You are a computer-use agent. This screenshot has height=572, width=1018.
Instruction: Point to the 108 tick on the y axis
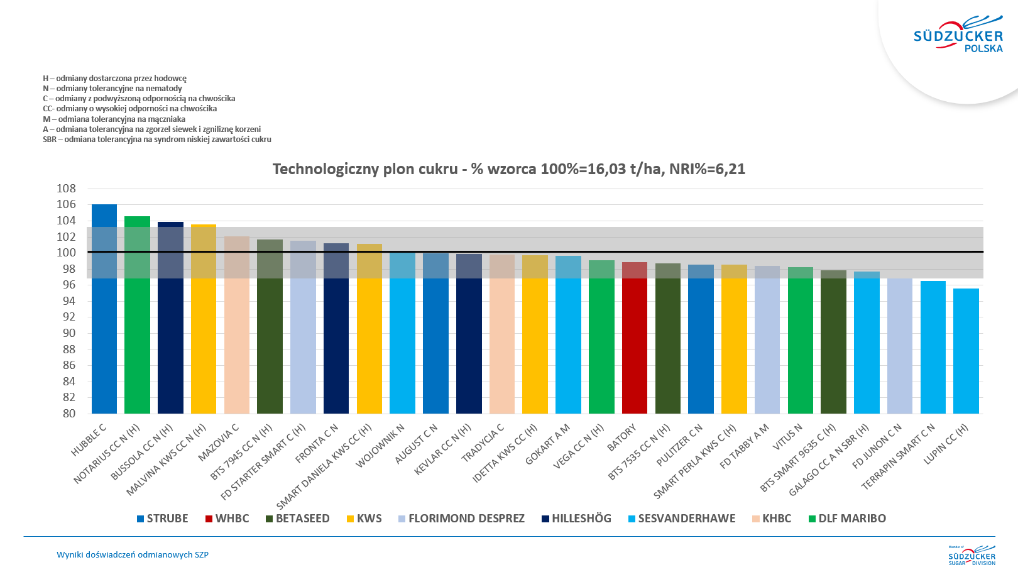pos(66,189)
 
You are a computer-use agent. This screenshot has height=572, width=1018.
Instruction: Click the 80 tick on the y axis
pos(68,414)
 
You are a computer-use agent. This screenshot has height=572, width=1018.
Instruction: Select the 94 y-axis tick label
pos(68,301)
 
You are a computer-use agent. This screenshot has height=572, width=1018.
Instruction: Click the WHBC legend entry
pos(227,519)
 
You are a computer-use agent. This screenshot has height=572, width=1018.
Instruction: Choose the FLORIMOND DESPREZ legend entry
pos(461,519)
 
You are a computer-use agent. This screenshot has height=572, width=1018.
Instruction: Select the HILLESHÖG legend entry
pos(576,519)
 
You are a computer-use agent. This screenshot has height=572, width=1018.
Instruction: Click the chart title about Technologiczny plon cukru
pos(508,169)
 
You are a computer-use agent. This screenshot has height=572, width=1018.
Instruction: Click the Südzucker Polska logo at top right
pos(958,35)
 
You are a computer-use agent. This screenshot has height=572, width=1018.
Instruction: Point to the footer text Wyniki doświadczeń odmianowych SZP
pos(133,555)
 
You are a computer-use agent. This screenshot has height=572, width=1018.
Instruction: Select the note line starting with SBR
pos(157,140)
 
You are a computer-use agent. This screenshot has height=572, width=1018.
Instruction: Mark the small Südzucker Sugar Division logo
pos(971,556)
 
